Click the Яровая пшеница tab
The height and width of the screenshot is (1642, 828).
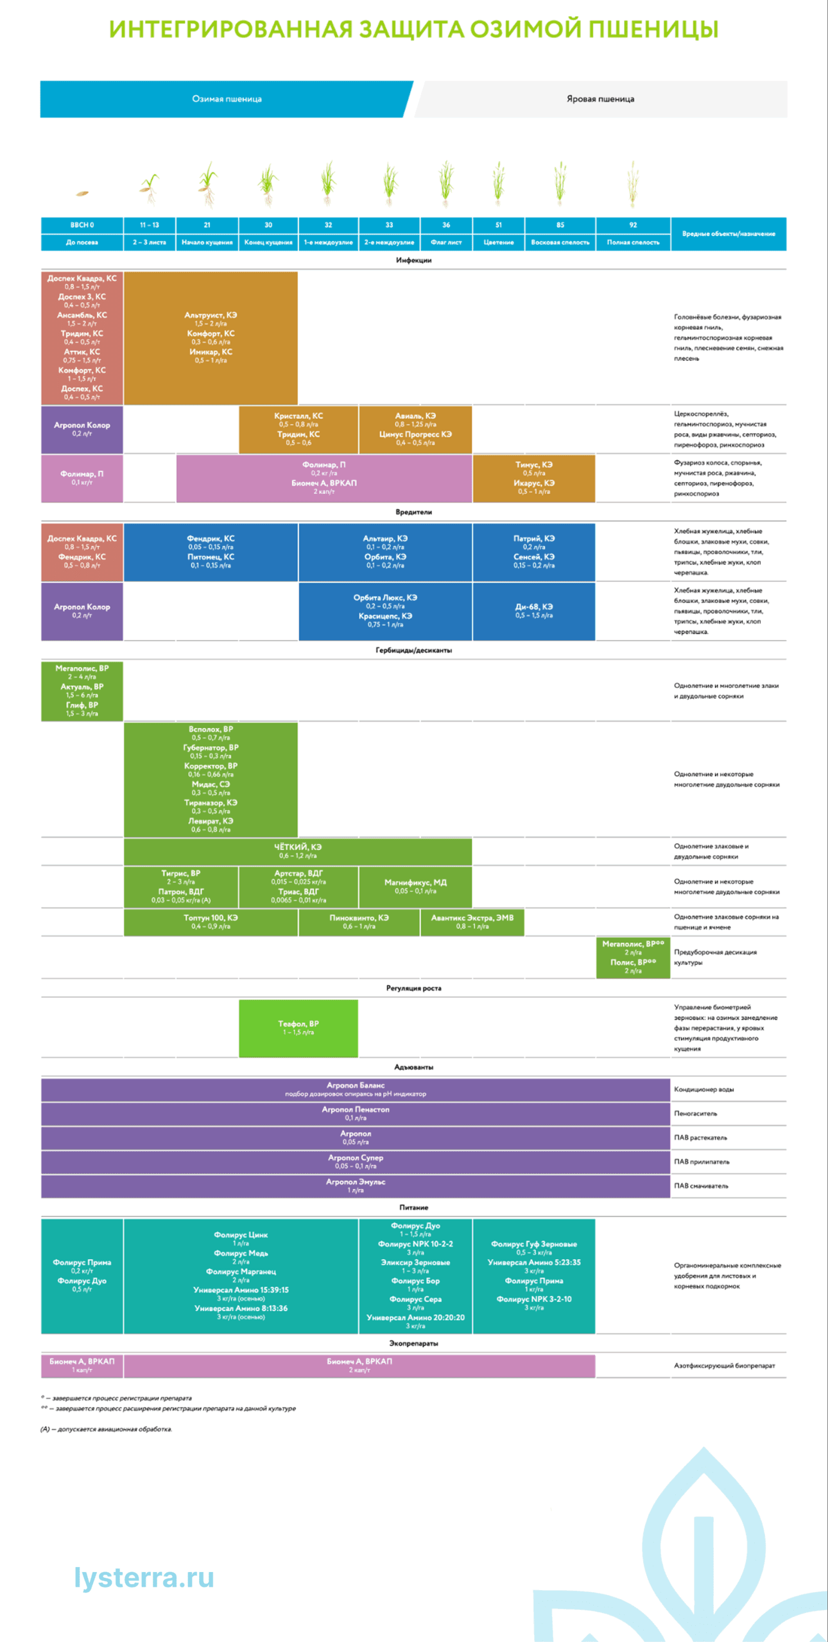point(600,99)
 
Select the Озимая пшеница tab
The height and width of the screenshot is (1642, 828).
point(227,99)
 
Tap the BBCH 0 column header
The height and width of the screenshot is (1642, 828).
point(82,225)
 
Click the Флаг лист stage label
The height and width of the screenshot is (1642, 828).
point(446,242)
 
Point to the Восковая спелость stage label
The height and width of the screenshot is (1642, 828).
point(560,242)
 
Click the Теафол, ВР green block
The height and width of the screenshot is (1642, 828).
point(298,1028)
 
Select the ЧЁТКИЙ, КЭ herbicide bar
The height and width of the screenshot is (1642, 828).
point(298,851)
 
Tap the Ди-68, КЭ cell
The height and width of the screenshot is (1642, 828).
point(534,611)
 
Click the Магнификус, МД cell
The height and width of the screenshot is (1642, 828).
point(415,886)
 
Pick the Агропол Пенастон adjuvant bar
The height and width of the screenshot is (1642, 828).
point(356,1113)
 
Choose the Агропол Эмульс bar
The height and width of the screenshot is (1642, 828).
point(356,1186)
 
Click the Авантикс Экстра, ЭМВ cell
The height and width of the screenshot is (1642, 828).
point(472,922)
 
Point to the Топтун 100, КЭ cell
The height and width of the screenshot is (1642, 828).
point(211,922)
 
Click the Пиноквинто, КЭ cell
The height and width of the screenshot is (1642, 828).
point(359,922)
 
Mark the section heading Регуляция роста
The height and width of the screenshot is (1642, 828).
point(413,988)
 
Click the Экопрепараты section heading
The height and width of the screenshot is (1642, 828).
point(413,1343)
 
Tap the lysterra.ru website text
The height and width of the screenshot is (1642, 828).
point(144,1578)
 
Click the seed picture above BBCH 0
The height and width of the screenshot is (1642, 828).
point(82,192)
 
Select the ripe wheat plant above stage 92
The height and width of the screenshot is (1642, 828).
point(633,184)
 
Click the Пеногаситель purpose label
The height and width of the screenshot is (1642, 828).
point(696,1113)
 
